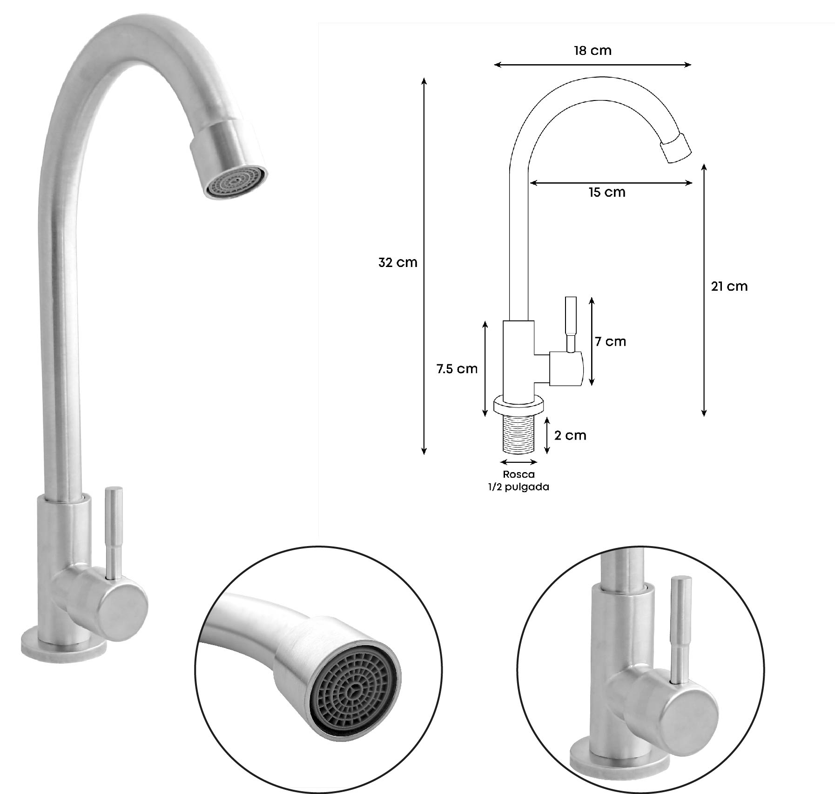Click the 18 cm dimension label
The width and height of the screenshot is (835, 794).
[592, 51]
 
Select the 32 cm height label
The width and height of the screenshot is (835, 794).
[397, 263]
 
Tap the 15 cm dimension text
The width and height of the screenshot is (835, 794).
[607, 192]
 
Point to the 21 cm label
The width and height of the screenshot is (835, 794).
[729, 287]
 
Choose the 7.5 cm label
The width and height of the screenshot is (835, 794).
[457, 369]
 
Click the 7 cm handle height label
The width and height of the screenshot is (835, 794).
[610, 341]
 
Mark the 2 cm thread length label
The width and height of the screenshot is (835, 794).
[570, 435]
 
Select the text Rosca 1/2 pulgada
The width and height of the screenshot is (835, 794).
[519, 480]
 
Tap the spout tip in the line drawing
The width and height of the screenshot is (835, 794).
[677, 148]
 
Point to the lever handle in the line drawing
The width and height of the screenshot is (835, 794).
[571, 321]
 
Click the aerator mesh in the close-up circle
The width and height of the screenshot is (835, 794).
[354, 692]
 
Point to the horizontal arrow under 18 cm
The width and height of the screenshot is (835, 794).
[592, 65]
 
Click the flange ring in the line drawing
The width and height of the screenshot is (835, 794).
[519, 405]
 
